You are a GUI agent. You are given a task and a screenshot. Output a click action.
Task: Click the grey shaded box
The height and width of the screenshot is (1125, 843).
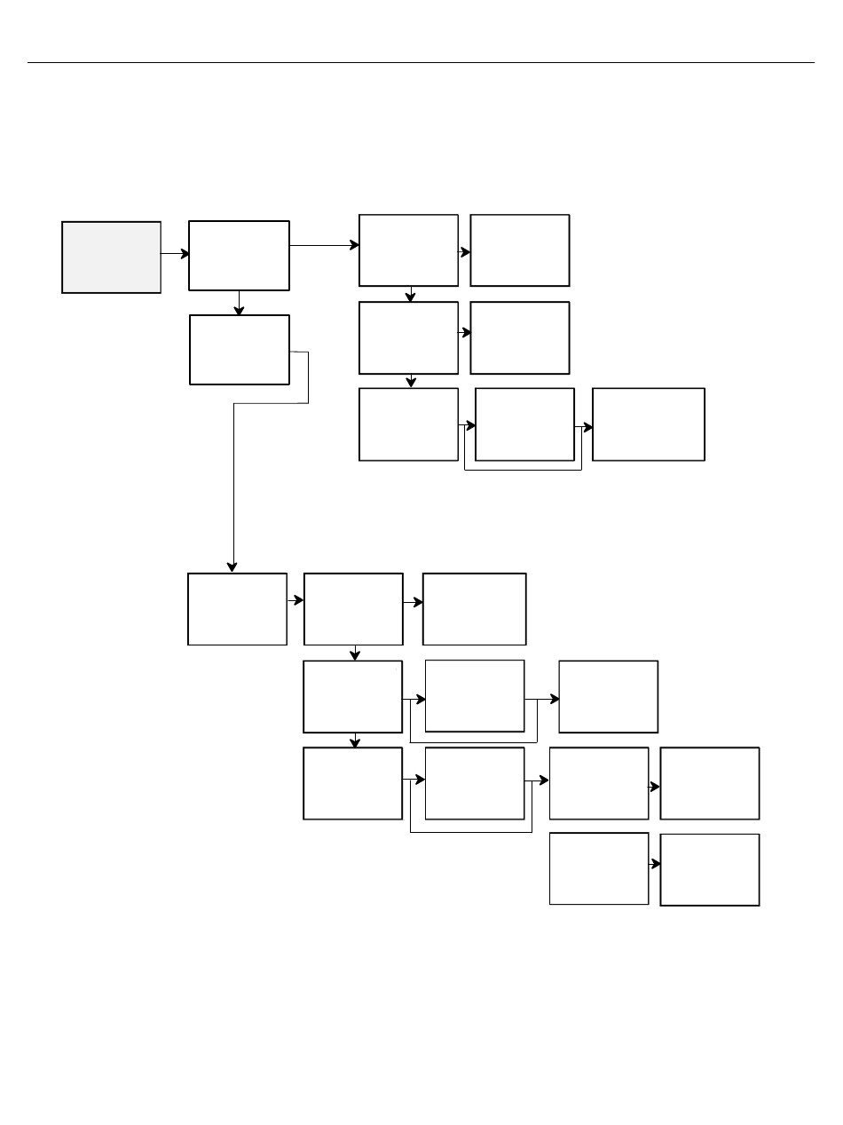tap(111, 257)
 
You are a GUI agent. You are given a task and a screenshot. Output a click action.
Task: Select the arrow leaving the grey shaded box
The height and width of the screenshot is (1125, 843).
tap(175, 254)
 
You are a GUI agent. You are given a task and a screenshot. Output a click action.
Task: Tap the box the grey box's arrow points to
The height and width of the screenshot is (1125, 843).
tap(239, 256)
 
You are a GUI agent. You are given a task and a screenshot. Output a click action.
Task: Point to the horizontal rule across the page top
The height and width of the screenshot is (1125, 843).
tap(421, 63)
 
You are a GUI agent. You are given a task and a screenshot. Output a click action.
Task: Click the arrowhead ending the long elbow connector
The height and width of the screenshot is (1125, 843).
tap(233, 566)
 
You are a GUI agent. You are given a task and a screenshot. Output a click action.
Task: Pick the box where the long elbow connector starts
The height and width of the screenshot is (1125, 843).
tap(240, 350)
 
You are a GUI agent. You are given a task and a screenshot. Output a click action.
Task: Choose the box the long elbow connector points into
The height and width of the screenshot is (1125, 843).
tap(237, 609)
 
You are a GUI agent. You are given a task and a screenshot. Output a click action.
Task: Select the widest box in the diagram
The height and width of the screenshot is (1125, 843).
tap(649, 424)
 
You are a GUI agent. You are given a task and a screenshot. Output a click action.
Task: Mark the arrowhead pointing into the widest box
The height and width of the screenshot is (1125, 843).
tap(588, 427)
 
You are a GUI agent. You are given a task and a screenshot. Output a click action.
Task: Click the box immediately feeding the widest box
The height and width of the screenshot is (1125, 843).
tap(524, 424)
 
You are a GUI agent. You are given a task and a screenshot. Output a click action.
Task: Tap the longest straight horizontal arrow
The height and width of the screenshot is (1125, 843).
tap(324, 246)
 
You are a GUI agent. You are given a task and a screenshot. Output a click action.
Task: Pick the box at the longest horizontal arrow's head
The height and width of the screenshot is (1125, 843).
tap(408, 250)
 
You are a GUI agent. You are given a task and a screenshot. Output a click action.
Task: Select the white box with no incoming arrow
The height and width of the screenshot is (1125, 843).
tap(599, 868)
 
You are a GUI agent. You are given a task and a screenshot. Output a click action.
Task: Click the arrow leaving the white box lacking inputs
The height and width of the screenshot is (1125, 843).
tap(655, 864)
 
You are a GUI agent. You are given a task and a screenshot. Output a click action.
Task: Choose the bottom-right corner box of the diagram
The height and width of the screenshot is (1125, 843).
tap(710, 869)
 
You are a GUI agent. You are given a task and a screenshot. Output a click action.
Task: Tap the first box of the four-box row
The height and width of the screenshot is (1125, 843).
tap(352, 783)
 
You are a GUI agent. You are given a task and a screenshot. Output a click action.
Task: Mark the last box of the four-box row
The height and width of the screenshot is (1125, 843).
tap(710, 783)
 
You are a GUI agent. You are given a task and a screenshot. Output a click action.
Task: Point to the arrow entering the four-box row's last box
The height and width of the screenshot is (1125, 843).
tap(655, 787)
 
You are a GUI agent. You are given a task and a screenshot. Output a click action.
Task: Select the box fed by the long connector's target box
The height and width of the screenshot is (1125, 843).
tap(353, 609)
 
